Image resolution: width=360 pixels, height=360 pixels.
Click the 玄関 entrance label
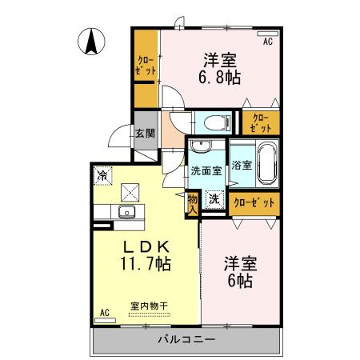pos(144,135)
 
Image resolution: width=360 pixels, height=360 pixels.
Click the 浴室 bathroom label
pos(241,165)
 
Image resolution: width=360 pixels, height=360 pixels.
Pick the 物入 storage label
pos(193,203)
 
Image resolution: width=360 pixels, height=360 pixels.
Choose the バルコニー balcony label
pos(184,340)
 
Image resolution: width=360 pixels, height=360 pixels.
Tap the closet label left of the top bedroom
pos(146,65)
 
